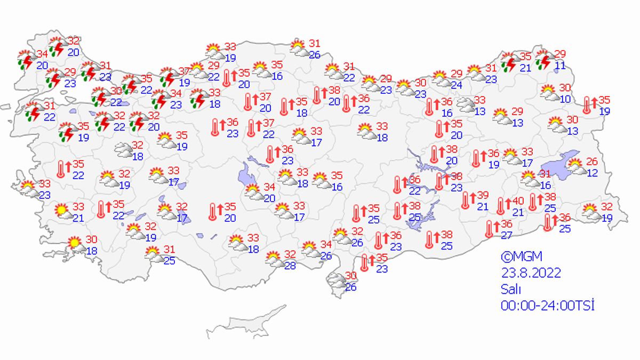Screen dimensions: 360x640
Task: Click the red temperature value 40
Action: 518,202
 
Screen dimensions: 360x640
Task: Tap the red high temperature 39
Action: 483,196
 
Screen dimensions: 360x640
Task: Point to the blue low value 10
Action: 565,99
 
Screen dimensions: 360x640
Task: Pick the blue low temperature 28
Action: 290,266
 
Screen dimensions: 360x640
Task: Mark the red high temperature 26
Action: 591,162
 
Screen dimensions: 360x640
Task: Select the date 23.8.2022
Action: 531,273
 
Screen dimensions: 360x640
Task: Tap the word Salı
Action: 510,289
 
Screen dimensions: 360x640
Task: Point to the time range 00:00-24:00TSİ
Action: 547,306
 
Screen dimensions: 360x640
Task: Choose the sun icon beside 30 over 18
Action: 75,245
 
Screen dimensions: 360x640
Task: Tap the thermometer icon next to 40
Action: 500,206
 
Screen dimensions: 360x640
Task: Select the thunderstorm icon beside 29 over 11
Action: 543,59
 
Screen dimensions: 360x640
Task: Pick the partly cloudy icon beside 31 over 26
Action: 299,48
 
